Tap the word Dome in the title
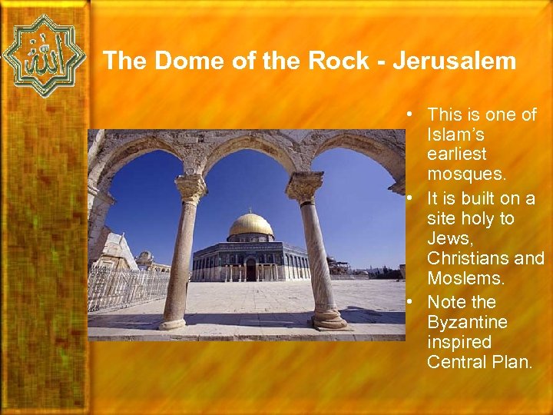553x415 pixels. click(x=185, y=61)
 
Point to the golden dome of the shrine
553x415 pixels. click(x=251, y=224)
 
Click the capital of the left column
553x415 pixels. click(x=190, y=187)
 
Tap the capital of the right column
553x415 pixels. click(x=305, y=186)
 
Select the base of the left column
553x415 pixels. click(x=173, y=322)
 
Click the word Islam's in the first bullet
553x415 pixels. click(x=455, y=135)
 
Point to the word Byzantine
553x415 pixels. click(x=466, y=321)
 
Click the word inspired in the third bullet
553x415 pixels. click(x=459, y=341)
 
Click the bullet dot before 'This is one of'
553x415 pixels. click(x=413, y=115)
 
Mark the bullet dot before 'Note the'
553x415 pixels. click(x=413, y=302)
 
